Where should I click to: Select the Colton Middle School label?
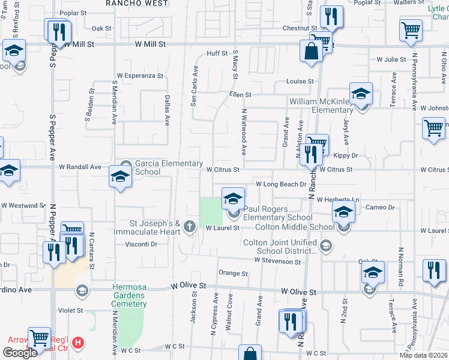tap(295, 227)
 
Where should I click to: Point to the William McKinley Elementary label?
tap(321, 106)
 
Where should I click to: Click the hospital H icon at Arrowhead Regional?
tap(77, 344)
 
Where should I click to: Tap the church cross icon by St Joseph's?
tap(190, 226)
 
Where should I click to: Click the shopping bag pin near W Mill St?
tap(312, 52)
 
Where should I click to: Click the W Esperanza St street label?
tap(140, 76)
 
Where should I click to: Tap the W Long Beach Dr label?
tap(281, 184)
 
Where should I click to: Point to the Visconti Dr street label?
tap(141, 244)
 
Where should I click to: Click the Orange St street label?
tap(233, 273)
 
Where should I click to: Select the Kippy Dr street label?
tap(345, 155)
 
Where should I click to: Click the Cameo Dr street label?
tap(382, 207)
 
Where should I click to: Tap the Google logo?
tap(20, 353)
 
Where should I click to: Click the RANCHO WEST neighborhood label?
tap(137, 3)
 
